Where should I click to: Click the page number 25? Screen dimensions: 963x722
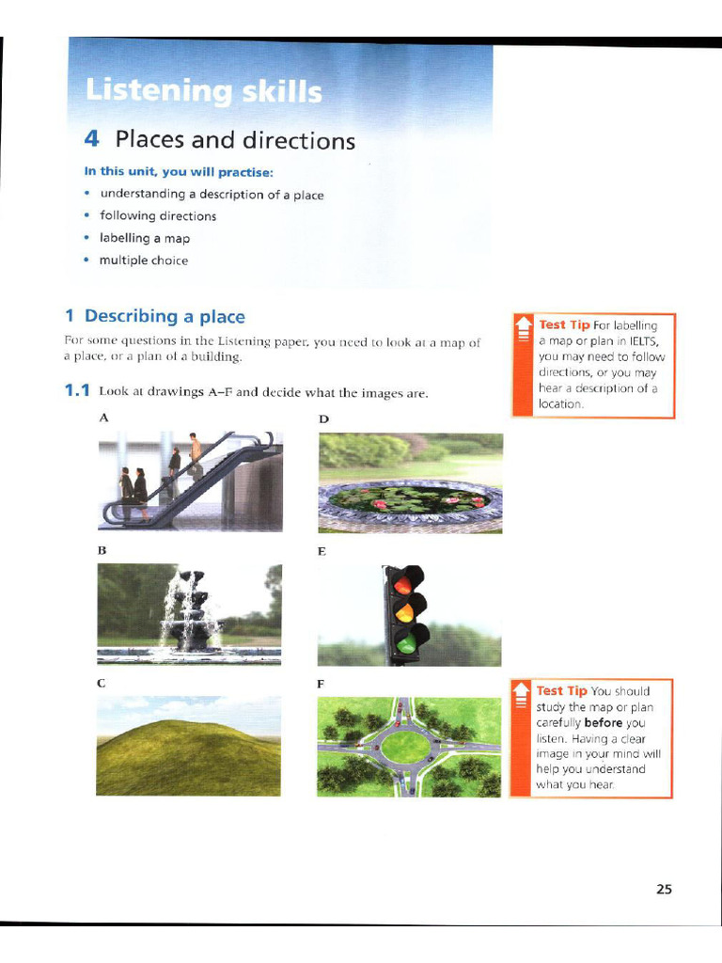664,889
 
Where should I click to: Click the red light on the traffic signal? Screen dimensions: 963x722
403,584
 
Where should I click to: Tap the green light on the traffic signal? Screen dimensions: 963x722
406,642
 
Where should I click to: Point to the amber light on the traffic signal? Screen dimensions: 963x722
405,613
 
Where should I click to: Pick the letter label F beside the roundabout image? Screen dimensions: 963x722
322,685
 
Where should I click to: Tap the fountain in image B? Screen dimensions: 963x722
193,612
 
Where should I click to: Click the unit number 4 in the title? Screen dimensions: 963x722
91,139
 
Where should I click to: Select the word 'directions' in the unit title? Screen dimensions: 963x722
299,141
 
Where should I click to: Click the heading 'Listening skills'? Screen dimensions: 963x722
203,92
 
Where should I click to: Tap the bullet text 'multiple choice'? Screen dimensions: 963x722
144,260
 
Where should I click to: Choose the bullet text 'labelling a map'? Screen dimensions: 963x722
145,238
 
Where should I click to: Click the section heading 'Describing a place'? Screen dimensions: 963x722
165,316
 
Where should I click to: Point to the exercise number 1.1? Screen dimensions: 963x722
77,390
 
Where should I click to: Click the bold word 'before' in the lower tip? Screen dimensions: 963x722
604,723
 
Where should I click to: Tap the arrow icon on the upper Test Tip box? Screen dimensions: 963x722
523,331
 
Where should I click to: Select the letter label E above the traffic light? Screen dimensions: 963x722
322,552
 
